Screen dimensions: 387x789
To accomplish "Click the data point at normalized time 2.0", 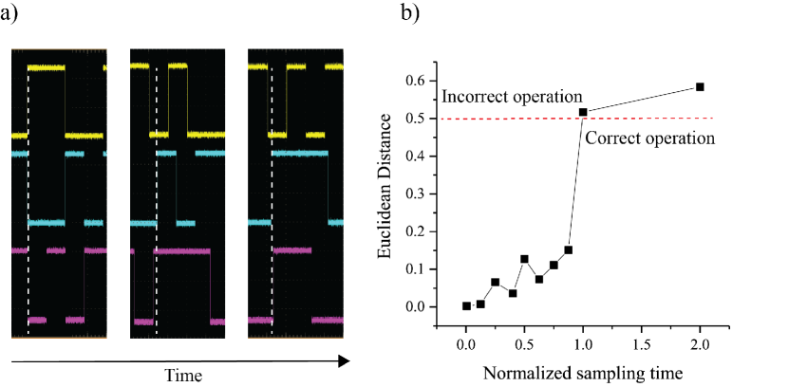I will (x=700, y=86).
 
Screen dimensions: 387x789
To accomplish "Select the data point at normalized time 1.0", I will (x=583, y=112).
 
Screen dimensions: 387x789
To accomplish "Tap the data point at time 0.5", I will (x=524, y=258).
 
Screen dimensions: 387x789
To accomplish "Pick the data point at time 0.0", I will (x=466, y=305).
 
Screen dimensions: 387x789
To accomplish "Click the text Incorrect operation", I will (x=512, y=97).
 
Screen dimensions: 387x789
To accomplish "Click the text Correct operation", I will (x=648, y=138).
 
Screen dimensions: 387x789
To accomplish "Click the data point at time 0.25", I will (x=495, y=283).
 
